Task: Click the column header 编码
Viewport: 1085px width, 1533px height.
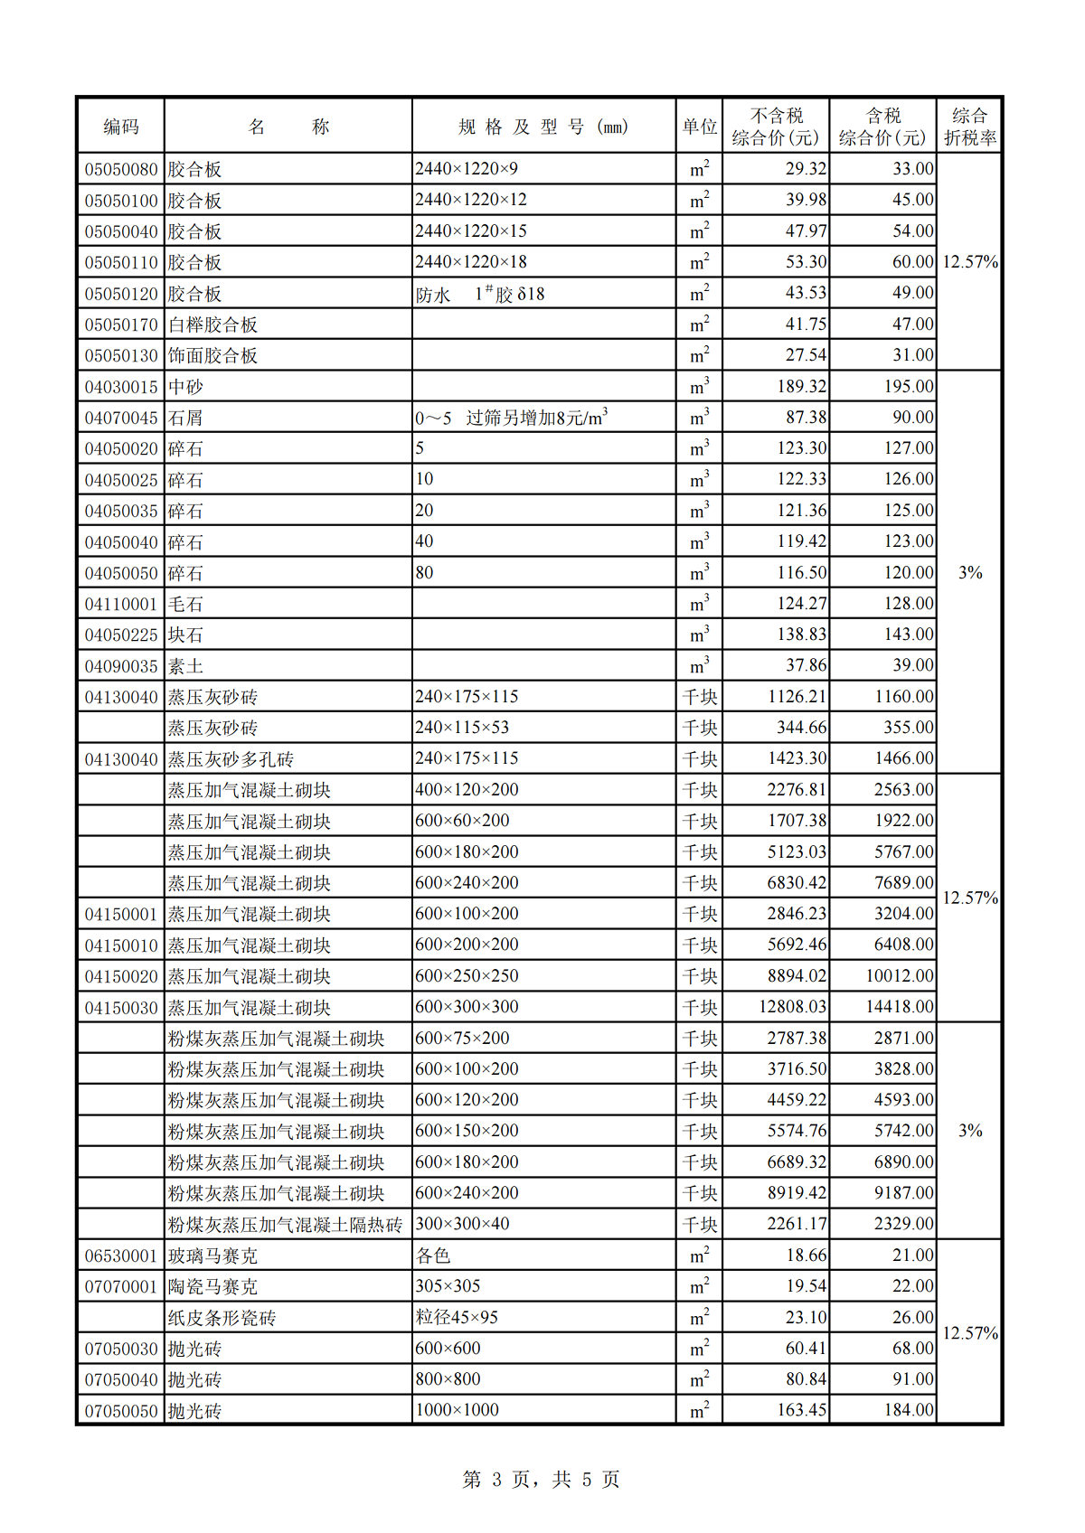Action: (120, 127)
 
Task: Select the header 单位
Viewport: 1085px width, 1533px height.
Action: (699, 127)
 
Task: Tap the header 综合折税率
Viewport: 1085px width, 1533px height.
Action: (969, 127)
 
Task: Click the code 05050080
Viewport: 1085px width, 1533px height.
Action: (121, 170)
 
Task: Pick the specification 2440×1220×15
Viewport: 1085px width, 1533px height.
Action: (471, 231)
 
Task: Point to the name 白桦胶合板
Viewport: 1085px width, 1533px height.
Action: (212, 324)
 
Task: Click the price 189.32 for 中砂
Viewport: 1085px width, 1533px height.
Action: (801, 387)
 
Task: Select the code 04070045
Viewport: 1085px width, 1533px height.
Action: (121, 418)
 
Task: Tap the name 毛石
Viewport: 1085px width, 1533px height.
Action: (185, 604)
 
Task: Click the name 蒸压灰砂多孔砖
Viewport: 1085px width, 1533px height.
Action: (231, 759)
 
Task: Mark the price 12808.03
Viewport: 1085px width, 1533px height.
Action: (792, 1007)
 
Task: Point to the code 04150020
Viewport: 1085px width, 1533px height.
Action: (121, 976)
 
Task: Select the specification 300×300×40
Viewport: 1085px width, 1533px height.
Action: (462, 1224)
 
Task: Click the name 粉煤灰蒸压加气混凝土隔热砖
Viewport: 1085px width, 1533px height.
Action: (285, 1225)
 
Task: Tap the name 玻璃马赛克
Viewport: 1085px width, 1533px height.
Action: (212, 1256)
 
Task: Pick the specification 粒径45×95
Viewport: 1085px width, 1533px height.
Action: (457, 1317)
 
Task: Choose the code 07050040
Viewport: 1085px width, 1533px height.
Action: (121, 1379)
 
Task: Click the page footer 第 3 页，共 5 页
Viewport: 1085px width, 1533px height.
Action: (541, 1480)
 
